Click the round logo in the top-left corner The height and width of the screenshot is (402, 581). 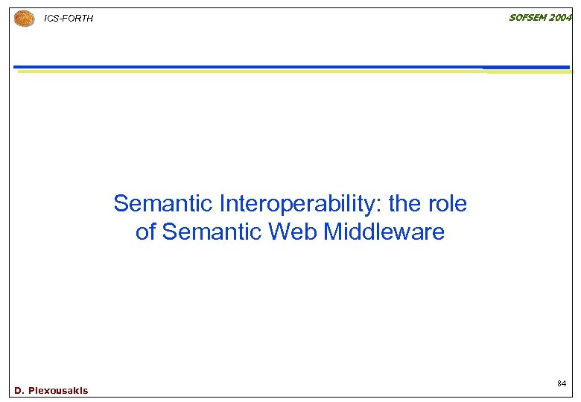25,19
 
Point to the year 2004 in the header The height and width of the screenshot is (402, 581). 561,17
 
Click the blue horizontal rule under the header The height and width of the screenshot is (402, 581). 290,66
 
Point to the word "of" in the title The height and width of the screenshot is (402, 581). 146,232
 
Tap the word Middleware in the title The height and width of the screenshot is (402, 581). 384,232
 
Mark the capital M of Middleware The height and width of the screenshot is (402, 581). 332,232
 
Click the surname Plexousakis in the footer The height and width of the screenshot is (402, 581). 58,390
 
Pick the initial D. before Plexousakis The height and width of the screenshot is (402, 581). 19,390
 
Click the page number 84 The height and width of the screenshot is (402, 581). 562,383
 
